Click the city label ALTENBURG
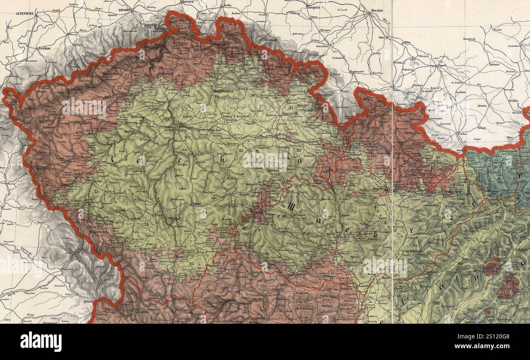(24, 13)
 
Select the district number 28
(160, 68)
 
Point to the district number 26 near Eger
(41, 121)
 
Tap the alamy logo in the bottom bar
(41, 342)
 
